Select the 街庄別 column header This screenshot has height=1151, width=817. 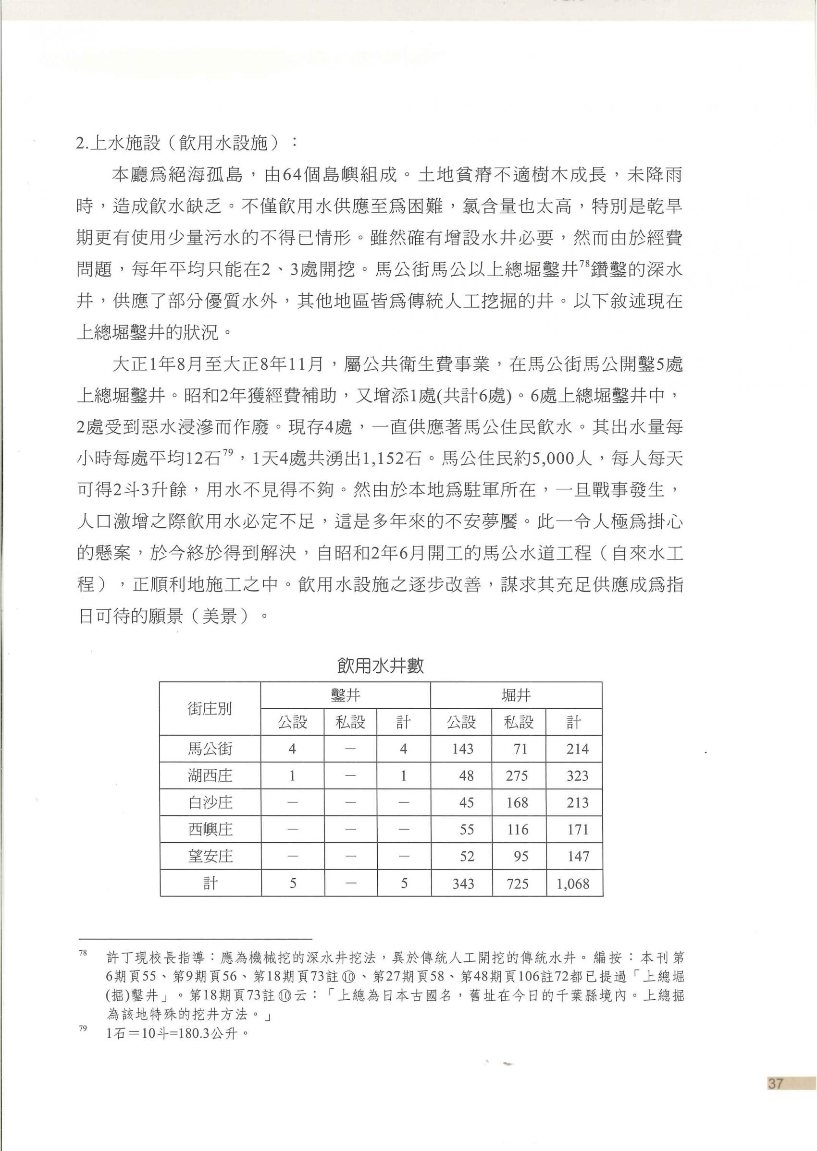[210, 709]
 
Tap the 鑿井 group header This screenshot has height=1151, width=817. [345, 695]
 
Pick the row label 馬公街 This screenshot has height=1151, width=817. [210, 749]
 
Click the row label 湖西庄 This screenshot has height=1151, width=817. [210, 775]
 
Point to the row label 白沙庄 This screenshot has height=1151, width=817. [210, 803]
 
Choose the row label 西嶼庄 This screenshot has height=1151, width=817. [210, 829]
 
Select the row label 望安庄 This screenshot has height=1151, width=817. [210, 857]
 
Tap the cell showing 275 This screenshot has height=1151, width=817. [517, 775]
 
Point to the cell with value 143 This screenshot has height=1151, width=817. [462, 749]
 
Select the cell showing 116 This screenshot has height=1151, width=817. [517, 829]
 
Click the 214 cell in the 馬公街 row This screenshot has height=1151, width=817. [577, 749]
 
